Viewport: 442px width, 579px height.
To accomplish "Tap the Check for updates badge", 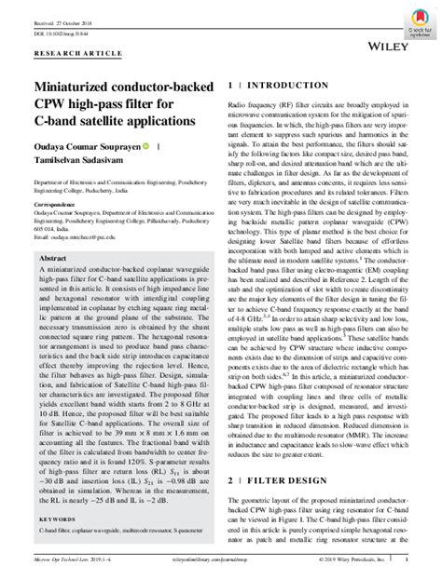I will pos(419,21).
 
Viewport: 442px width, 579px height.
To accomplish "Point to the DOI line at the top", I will pos(61,25).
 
